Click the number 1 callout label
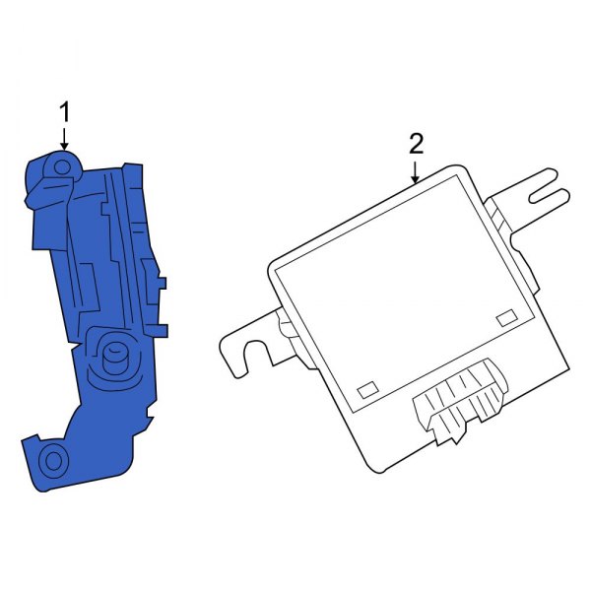pos(65,112)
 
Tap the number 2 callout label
pos(416,144)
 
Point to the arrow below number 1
pos(65,139)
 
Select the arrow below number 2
pos(416,172)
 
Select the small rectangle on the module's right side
pos(507,317)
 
